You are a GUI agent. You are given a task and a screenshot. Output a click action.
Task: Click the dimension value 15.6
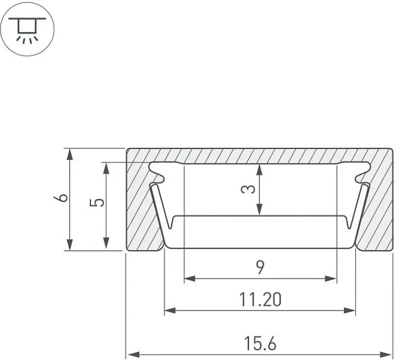(x=260, y=344)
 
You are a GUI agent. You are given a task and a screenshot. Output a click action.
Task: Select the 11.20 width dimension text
(x=261, y=300)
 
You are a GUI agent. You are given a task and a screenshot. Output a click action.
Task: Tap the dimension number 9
(x=260, y=268)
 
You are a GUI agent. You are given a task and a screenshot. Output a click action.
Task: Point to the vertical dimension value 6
(x=61, y=198)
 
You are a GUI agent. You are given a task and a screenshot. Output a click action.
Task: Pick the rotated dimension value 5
(x=96, y=203)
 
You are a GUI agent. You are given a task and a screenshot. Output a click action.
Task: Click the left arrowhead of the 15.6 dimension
(x=133, y=354)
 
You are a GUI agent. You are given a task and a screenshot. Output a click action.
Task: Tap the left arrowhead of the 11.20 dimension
(x=170, y=310)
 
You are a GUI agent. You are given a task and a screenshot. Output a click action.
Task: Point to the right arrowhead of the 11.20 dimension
(x=349, y=310)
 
